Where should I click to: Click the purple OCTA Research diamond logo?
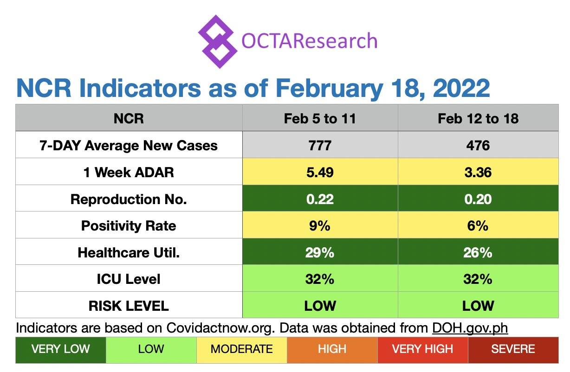point(216,41)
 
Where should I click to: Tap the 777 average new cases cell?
point(320,145)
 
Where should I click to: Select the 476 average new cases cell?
point(478,145)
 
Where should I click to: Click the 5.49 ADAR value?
point(320,172)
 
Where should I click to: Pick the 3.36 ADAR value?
point(478,172)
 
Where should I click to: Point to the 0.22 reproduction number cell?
point(320,199)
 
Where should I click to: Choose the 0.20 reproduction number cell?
point(478,199)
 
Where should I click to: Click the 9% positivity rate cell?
point(320,226)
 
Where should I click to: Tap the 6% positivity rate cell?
point(478,226)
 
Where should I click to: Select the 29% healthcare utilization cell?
point(320,252)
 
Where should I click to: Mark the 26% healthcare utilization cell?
point(478,252)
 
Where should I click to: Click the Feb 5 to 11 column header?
point(320,118)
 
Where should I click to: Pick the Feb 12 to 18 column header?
point(478,118)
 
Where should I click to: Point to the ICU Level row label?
point(129,279)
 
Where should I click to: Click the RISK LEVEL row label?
point(129,306)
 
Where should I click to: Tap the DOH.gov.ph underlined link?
point(470,328)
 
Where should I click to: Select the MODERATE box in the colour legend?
point(241,349)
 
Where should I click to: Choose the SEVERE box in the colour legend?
point(513,349)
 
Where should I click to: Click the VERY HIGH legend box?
point(422,349)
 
